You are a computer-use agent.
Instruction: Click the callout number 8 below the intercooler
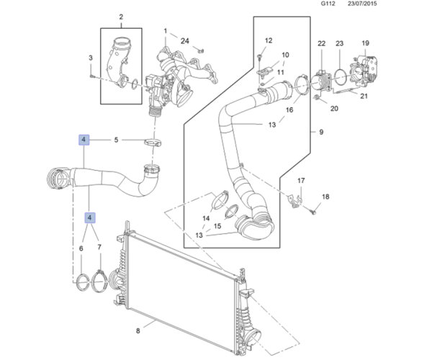(x=138, y=331)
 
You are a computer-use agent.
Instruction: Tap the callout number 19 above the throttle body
(x=366, y=44)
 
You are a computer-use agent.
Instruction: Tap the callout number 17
(x=302, y=181)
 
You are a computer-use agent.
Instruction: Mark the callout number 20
(x=334, y=109)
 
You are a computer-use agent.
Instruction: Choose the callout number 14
(x=207, y=218)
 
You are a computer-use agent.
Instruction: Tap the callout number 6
(x=81, y=249)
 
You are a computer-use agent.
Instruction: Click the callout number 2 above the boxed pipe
(x=120, y=17)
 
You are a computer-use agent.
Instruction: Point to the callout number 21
(x=364, y=95)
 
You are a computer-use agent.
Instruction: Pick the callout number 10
(x=285, y=55)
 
